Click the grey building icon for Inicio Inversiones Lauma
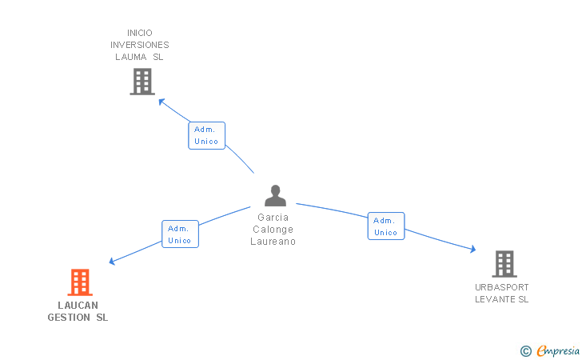(x=142, y=82)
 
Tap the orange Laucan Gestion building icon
(x=79, y=282)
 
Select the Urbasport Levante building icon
(x=504, y=263)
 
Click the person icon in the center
(x=275, y=196)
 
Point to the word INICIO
(x=140, y=33)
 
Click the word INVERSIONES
(x=140, y=45)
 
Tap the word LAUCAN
(x=78, y=305)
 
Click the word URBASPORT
(x=501, y=287)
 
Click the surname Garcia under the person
(x=273, y=217)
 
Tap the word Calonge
(x=273, y=229)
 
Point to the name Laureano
(x=273, y=241)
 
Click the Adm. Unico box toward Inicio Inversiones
(x=206, y=135)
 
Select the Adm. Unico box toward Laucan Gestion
(x=180, y=234)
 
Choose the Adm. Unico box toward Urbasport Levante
(x=385, y=226)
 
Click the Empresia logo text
(x=558, y=350)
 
